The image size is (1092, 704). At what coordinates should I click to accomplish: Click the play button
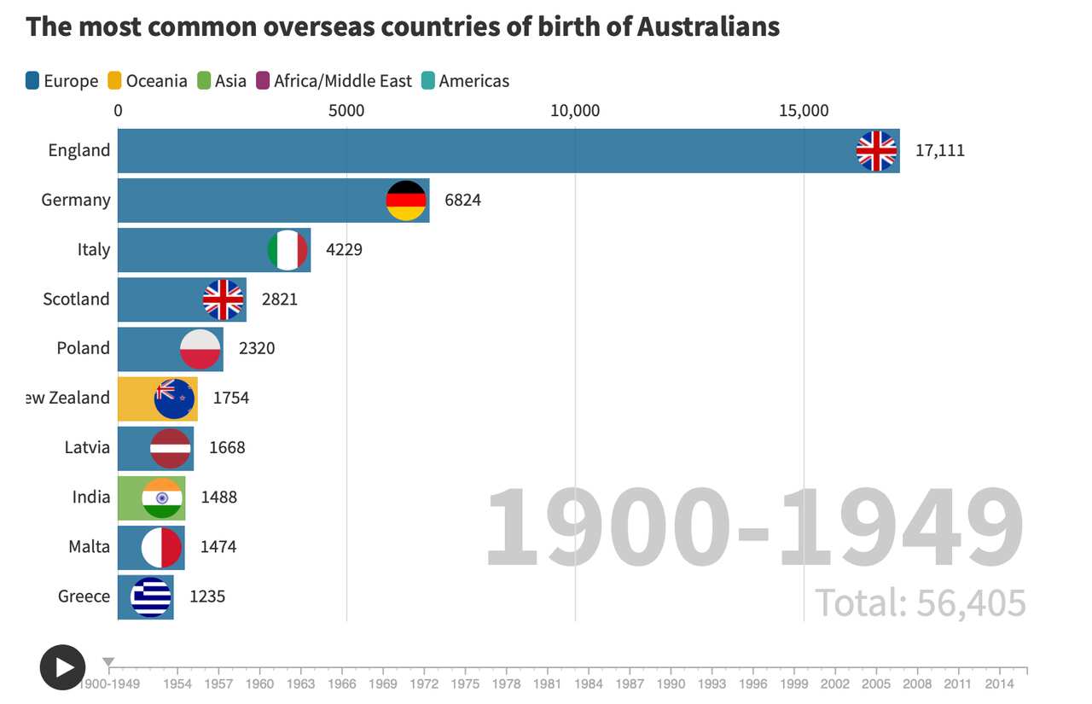point(62,667)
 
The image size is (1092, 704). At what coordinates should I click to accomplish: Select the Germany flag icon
point(406,201)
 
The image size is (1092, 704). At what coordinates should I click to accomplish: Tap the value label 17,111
point(939,151)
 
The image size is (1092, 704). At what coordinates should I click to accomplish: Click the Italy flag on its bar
point(288,250)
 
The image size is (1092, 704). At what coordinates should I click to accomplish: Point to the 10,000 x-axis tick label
point(575,110)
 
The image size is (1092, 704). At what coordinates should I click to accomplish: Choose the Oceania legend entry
point(148,81)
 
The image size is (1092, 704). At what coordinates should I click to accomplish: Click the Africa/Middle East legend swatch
point(263,81)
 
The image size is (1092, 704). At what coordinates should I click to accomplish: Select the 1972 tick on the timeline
point(424,683)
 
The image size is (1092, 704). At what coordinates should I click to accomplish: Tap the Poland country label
point(83,348)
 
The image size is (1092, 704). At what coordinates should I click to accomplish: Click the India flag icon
point(162,497)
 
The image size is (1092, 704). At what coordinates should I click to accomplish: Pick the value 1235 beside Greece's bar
point(207,596)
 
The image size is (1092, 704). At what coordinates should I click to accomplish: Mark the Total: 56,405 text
point(920,603)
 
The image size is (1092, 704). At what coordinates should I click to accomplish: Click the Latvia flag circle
point(171,448)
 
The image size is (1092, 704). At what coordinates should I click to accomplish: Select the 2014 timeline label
point(999,683)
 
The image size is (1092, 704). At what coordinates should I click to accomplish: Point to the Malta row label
point(89,546)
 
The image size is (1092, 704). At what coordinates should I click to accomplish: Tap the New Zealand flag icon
point(174,399)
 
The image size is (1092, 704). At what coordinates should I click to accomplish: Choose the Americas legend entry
point(473,81)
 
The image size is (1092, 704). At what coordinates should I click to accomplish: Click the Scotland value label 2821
point(279,300)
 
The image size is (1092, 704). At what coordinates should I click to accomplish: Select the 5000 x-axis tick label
point(346,110)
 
